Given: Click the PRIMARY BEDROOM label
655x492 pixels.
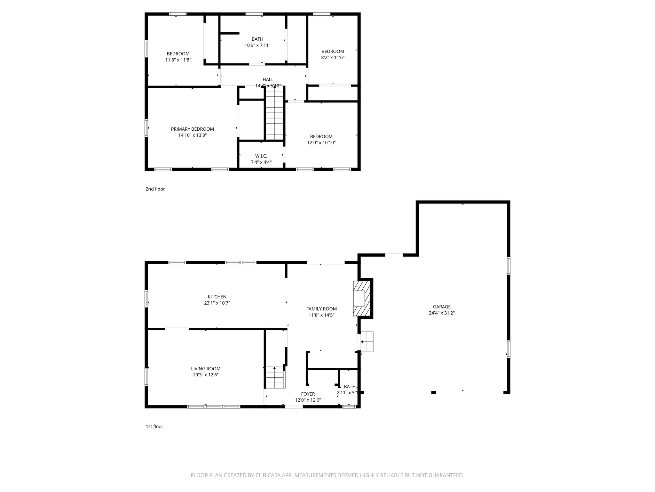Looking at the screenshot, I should click(x=192, y=129).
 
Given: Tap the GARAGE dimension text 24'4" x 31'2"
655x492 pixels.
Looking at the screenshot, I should click(x=442, y=313).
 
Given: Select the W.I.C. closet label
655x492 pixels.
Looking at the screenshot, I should click(x=261, y=156).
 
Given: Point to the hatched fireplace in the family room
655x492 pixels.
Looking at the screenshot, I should click(x=362, y=299).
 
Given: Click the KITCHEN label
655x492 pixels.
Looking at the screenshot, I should click(x=217, y=297).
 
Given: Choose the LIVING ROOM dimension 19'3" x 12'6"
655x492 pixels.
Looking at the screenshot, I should click(x=205, y=375).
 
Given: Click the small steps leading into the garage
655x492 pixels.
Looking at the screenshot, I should click(x=367, y=342).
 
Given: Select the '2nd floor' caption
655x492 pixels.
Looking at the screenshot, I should click(x=155, y=189).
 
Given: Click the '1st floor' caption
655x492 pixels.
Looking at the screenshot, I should click(x=154, y=426).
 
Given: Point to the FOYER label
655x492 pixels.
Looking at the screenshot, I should click(x=308, y=394).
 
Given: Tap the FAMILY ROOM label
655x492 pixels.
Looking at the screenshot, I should click(x=321, y=309).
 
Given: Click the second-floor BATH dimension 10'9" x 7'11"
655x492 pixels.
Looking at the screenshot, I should click(x=257, y=45).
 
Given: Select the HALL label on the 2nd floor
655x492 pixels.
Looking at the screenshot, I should click(x=268, y=79).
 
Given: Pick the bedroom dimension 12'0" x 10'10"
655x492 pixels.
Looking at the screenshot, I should click(x=321, y=143).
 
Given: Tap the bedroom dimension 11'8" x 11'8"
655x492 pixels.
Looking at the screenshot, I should click(x=178, y=60).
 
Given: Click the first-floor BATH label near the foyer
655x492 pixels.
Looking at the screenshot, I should click(x=350, y=387).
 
